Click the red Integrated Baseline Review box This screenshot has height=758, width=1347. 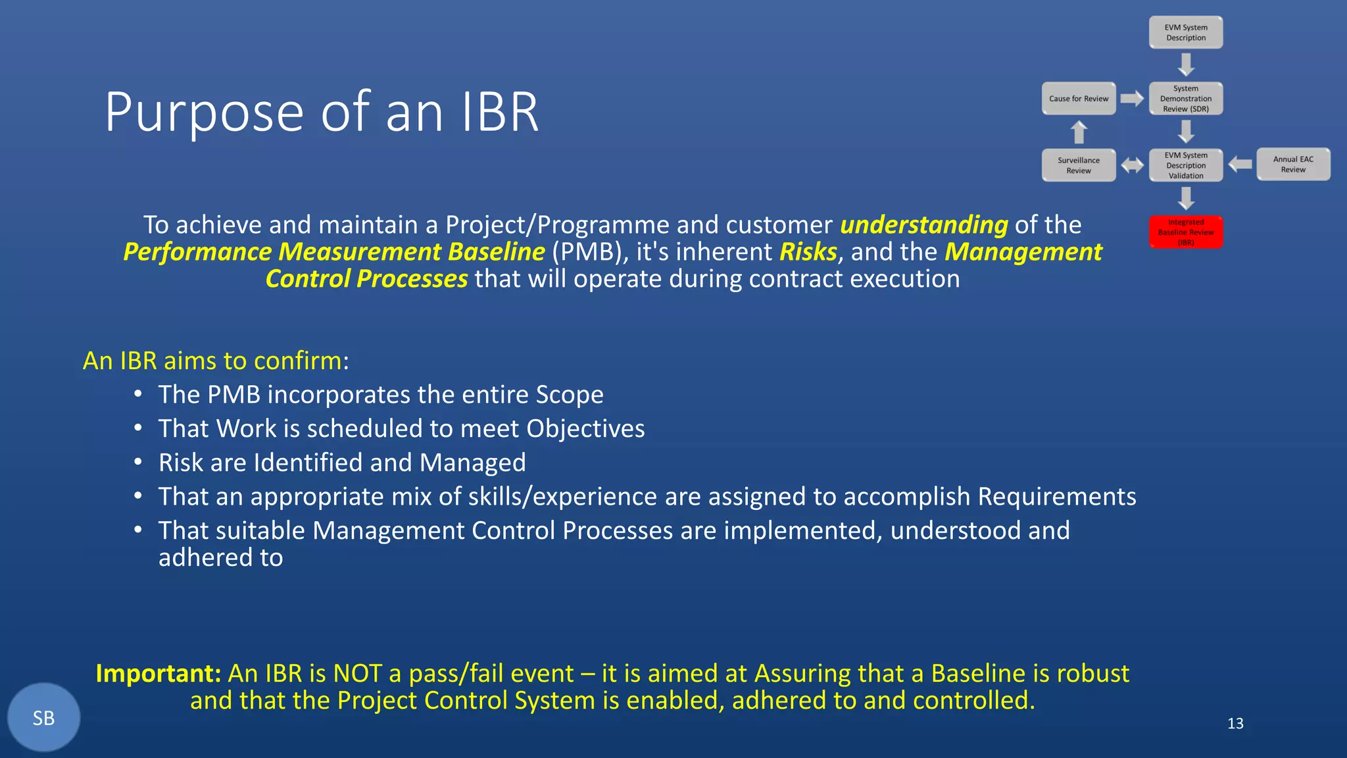pos(1186,232)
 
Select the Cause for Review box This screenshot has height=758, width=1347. pos(1079,99)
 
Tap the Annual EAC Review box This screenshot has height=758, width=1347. pos(1293,164)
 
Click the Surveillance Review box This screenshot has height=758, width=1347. pos(1079,165)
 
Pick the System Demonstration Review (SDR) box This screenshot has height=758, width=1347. pos(1186,99)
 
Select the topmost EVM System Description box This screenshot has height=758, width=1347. pos(1186,33)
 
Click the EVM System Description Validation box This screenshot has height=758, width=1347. pos(1186,165)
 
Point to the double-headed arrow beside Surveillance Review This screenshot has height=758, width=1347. pos(1132,165)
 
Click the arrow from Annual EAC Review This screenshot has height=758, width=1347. pos(1240,164)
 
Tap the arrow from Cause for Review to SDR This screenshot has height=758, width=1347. pos(1132,99)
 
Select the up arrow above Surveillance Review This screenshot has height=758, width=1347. pos(1079,132)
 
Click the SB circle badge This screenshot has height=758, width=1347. pos(43,718)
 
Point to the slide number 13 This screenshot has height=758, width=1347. pos(1235,724)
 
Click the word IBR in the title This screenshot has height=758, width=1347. pos(500,113)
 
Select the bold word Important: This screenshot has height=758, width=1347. pos(159,674)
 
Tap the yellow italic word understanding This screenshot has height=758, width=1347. pos(924,225)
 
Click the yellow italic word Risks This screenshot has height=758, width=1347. pos(808,252)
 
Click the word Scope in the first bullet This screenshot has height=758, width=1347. pos(569,395)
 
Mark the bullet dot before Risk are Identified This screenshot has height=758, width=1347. pos(137,462)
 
